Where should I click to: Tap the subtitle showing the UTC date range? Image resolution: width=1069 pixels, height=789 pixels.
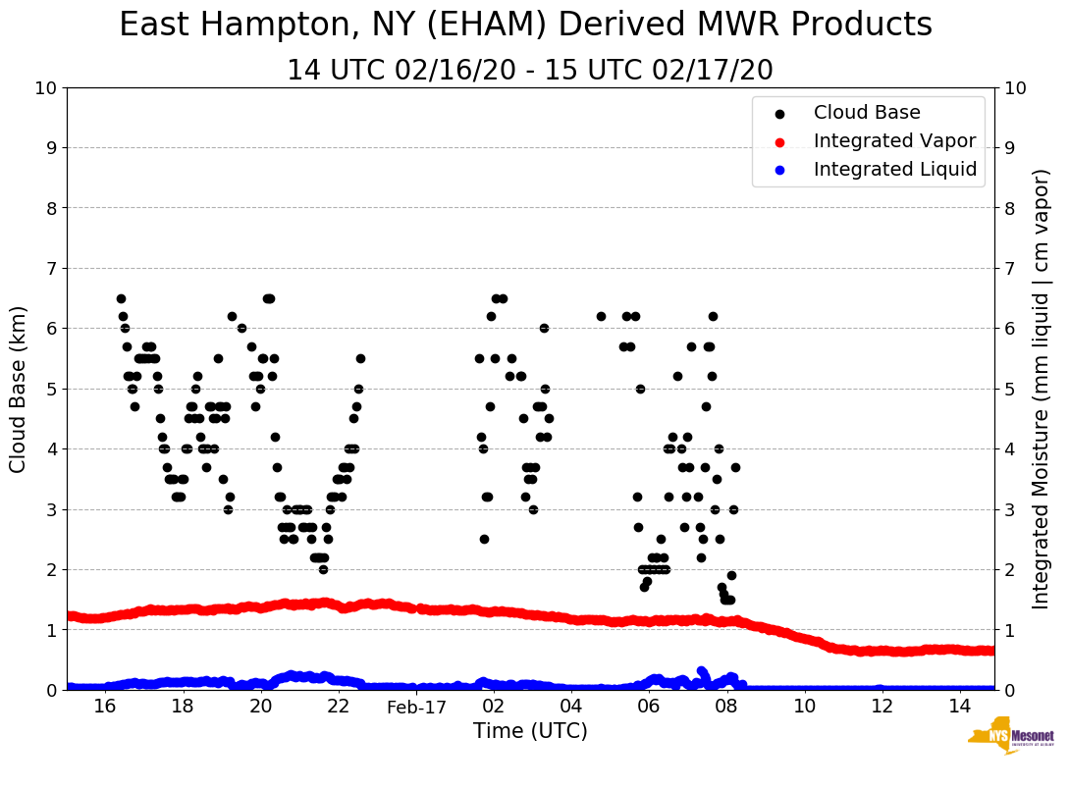coord(530,71)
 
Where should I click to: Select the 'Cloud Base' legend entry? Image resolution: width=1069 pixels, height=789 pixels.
coord(867,113)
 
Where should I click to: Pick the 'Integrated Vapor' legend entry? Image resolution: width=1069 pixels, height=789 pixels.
coord(894,141)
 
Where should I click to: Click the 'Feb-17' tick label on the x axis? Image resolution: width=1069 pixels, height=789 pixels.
coord(416,707)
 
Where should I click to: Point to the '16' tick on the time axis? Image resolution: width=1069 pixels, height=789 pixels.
coord(105,707)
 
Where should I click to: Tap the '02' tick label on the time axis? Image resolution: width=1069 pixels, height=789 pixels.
coord(494,707)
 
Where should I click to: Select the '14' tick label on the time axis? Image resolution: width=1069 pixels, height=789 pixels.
coord(960,707)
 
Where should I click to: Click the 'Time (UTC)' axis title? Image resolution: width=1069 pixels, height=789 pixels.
coord(530,731)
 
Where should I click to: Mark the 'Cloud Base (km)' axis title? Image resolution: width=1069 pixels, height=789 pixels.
coord(19,389)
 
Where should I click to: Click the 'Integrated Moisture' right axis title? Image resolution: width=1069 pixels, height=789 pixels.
coord(1042,389)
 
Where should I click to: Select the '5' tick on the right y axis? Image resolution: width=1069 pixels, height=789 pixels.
coord(1009,389)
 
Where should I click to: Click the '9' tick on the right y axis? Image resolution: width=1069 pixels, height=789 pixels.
coord(1009,148)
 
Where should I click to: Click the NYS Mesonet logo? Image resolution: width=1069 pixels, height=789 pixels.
coord(1010,739)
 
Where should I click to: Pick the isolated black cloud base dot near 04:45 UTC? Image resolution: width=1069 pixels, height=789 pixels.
coord(601,316)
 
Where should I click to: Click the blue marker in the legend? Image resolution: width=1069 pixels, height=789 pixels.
coord(779,170)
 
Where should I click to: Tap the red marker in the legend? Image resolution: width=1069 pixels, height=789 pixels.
coord(779,141)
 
